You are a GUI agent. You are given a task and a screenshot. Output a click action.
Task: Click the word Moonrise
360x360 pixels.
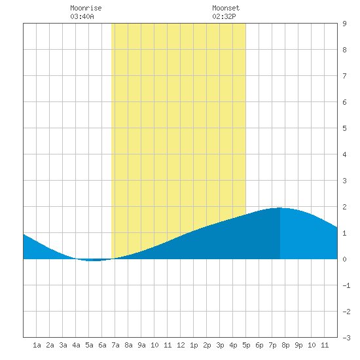tap(86, 8)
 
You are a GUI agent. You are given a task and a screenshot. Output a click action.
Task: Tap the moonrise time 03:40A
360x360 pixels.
tap(82, 16)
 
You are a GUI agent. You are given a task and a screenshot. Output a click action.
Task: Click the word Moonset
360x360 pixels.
tap(226, 8)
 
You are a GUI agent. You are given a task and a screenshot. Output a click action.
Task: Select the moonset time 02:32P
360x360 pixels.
tap(224, 16)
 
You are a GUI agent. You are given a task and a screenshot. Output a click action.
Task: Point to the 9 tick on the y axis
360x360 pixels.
tap(344, 24)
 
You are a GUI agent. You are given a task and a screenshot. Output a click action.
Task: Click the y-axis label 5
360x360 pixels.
tap(344, 128)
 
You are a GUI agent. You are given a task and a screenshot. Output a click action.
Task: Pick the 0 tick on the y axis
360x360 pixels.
tap(344, 259)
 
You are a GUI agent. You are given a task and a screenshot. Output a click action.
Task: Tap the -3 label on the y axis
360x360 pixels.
tap(346, 338)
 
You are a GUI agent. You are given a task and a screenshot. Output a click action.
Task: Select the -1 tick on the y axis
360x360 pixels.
tap(346, 285)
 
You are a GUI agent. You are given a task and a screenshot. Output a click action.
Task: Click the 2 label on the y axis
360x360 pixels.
tap(344, 207)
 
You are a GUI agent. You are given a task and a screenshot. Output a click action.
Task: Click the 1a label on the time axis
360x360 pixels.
tap(37, 345)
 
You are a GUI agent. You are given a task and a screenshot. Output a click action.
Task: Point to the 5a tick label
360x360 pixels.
tap(89, 345)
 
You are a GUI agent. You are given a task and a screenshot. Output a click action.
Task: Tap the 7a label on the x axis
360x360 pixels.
tap(115, 345)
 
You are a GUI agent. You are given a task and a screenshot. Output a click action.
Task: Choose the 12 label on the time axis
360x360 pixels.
tap(181, 345)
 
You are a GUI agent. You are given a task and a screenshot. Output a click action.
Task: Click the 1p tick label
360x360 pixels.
tap(194, 345)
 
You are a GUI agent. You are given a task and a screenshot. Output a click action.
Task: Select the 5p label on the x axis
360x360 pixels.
tap(246, 345)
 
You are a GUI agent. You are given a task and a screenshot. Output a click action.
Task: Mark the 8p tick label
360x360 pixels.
tap(285, 345)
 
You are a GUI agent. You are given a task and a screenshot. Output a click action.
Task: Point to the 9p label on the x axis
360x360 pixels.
tap(298, 345)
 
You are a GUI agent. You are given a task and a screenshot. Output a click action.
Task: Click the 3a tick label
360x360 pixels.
tap(63, 345)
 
